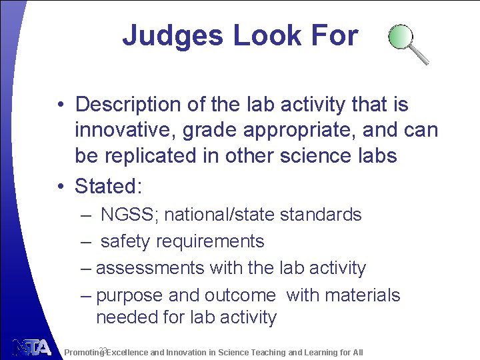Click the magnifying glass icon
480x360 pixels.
[408, 43]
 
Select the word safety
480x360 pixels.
[125, 241]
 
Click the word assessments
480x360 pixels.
[150, 268]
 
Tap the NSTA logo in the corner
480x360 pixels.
[31, 347]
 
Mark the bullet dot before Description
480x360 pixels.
[60, 105]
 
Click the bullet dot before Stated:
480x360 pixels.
[60, 186]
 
